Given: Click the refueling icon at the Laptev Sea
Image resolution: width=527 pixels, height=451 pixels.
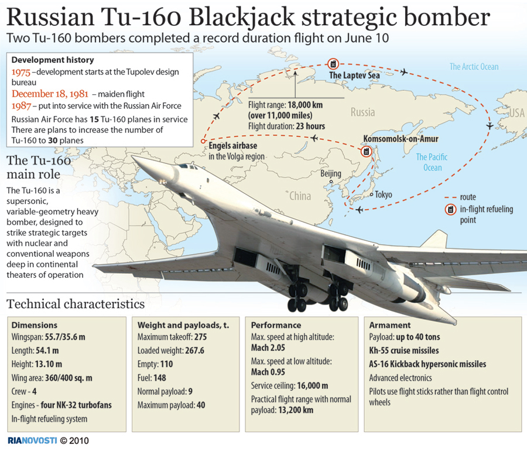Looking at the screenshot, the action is pos(333,63).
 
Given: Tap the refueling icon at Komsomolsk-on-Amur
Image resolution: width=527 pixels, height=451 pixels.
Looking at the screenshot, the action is pos(367,152).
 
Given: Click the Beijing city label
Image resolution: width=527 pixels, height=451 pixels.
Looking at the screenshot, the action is pos(331,173).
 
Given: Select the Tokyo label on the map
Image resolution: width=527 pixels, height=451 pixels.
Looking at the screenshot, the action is pos(384,194).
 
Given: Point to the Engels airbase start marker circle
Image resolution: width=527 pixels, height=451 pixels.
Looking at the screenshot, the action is pos(203,141).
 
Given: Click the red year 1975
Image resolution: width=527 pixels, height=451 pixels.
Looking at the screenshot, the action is pos(21,72).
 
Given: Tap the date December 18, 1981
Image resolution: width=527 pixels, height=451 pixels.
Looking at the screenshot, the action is pos(50,94).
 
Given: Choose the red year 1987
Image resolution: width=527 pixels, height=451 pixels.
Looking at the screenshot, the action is pos(21,106).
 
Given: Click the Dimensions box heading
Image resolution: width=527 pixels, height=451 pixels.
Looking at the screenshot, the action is pos(35,325).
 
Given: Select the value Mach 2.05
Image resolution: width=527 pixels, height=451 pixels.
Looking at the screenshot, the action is pos(268,348).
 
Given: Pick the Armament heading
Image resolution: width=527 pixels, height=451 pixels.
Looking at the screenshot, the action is pos(390,325).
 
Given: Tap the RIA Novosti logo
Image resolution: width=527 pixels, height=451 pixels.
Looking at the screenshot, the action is pos(32,440).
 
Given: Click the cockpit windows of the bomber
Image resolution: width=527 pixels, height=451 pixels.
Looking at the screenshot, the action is pos(188,166).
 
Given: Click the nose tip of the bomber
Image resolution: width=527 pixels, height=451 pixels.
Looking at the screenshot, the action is pos(134,156).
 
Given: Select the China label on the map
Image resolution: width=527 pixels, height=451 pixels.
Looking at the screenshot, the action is pos(300,196).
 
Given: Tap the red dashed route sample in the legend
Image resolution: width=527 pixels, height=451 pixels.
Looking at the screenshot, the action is pos(450,197).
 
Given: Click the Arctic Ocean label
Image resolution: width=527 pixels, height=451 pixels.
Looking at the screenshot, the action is pos(474,67).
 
